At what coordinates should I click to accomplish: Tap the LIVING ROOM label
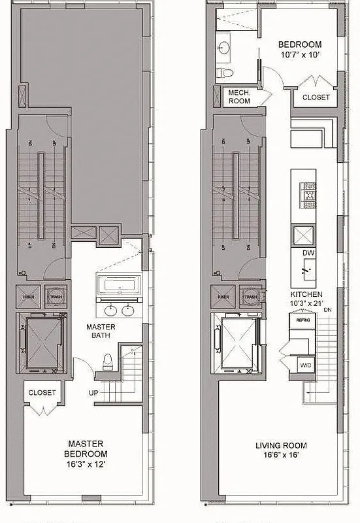(281, 446)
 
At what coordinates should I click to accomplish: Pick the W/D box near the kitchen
(305, 365)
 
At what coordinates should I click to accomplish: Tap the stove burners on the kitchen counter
(307, 193)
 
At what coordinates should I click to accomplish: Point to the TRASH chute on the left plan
(52, 296)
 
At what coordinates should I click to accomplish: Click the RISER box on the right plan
(224, 296)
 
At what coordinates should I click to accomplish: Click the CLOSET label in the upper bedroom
(316, 97)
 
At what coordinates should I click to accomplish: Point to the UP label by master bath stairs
(94, 392)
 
